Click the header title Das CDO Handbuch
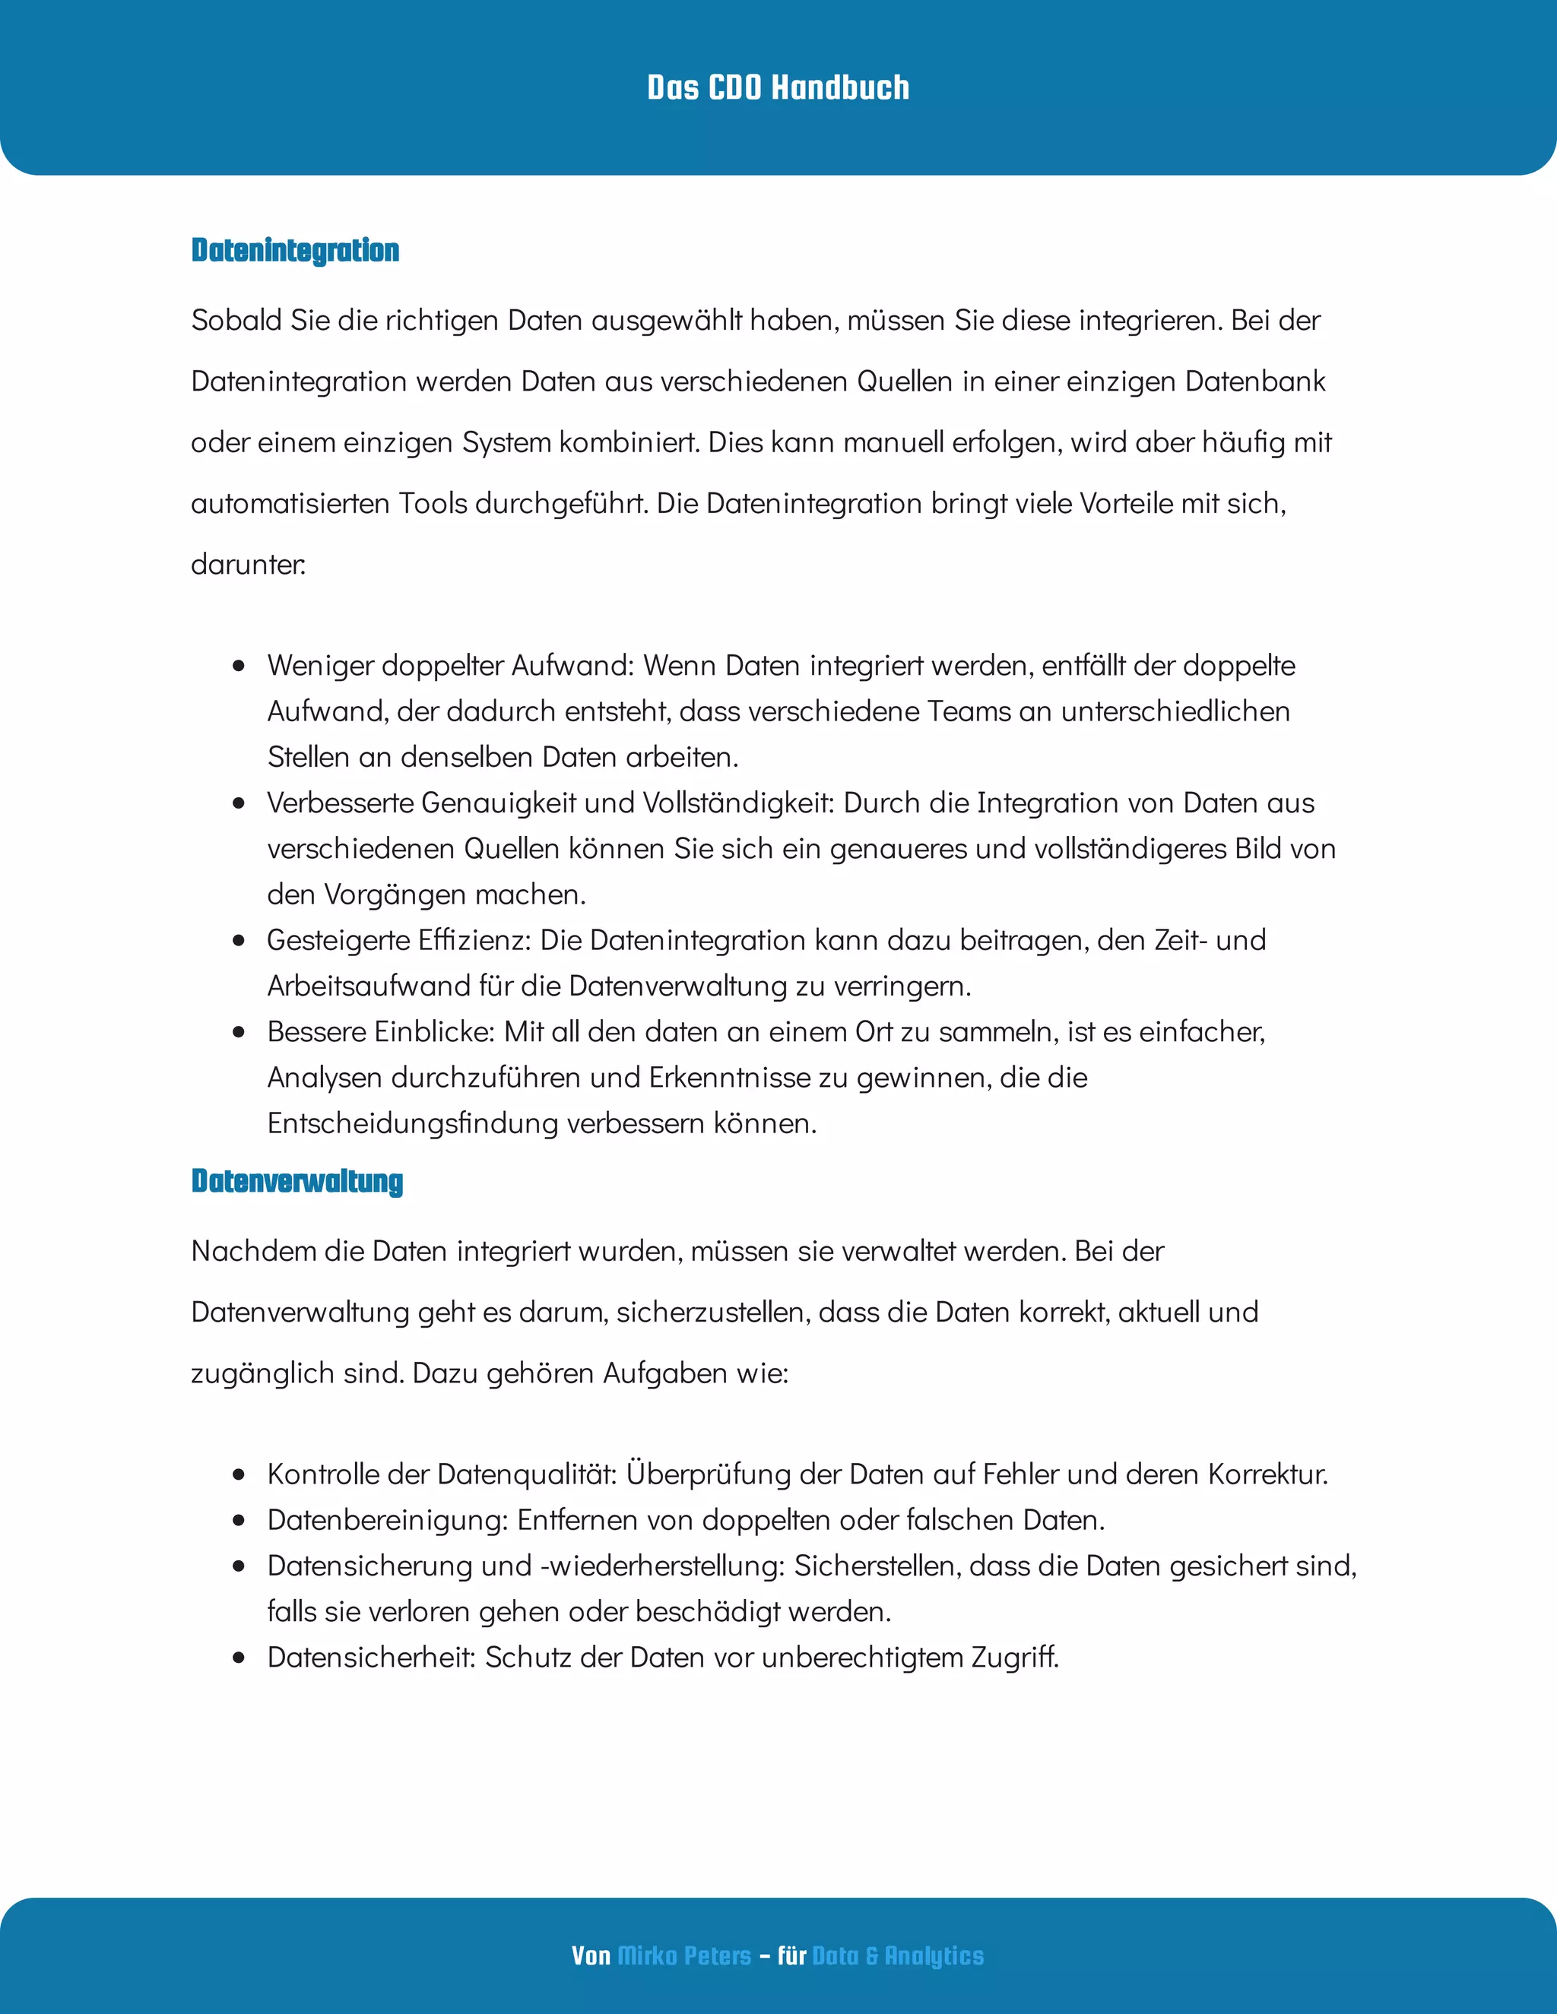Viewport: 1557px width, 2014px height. [x=778, y=87]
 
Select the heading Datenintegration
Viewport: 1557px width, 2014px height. [x=295, y=250]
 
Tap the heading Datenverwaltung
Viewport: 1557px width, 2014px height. [x=297, y=1180]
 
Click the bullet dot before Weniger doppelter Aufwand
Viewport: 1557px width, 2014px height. [x=239, y=665]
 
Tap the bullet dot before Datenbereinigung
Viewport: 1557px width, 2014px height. [x=239, y=1520]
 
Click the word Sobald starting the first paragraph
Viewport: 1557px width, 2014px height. [x=237, y=320]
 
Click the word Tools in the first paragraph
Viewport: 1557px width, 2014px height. [x=431, y=503]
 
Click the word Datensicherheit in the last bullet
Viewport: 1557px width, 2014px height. [x=370, y=1657]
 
